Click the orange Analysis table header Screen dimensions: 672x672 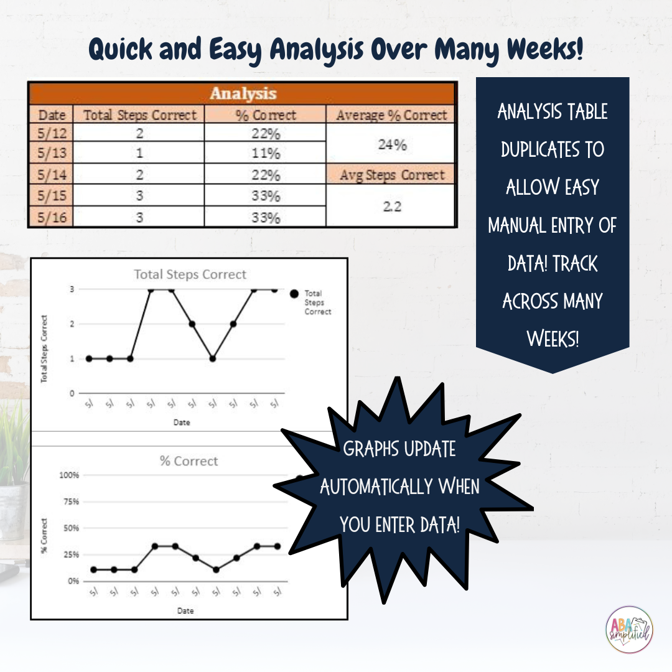[243, 94]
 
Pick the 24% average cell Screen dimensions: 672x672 [392, 144]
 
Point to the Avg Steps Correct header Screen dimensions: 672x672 [392, 175]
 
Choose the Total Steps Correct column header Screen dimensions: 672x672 [140, 115]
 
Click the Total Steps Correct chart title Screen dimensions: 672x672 [190, 274]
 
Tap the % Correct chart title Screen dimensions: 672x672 [189, 461]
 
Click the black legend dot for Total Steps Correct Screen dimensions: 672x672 [294, 294]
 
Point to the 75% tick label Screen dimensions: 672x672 [68, 502]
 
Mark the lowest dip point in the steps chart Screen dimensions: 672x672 [212, 358]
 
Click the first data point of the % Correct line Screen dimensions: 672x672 [93, 569]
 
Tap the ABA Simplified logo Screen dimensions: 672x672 [629, 630]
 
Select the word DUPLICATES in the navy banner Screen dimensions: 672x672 [553, 150]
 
